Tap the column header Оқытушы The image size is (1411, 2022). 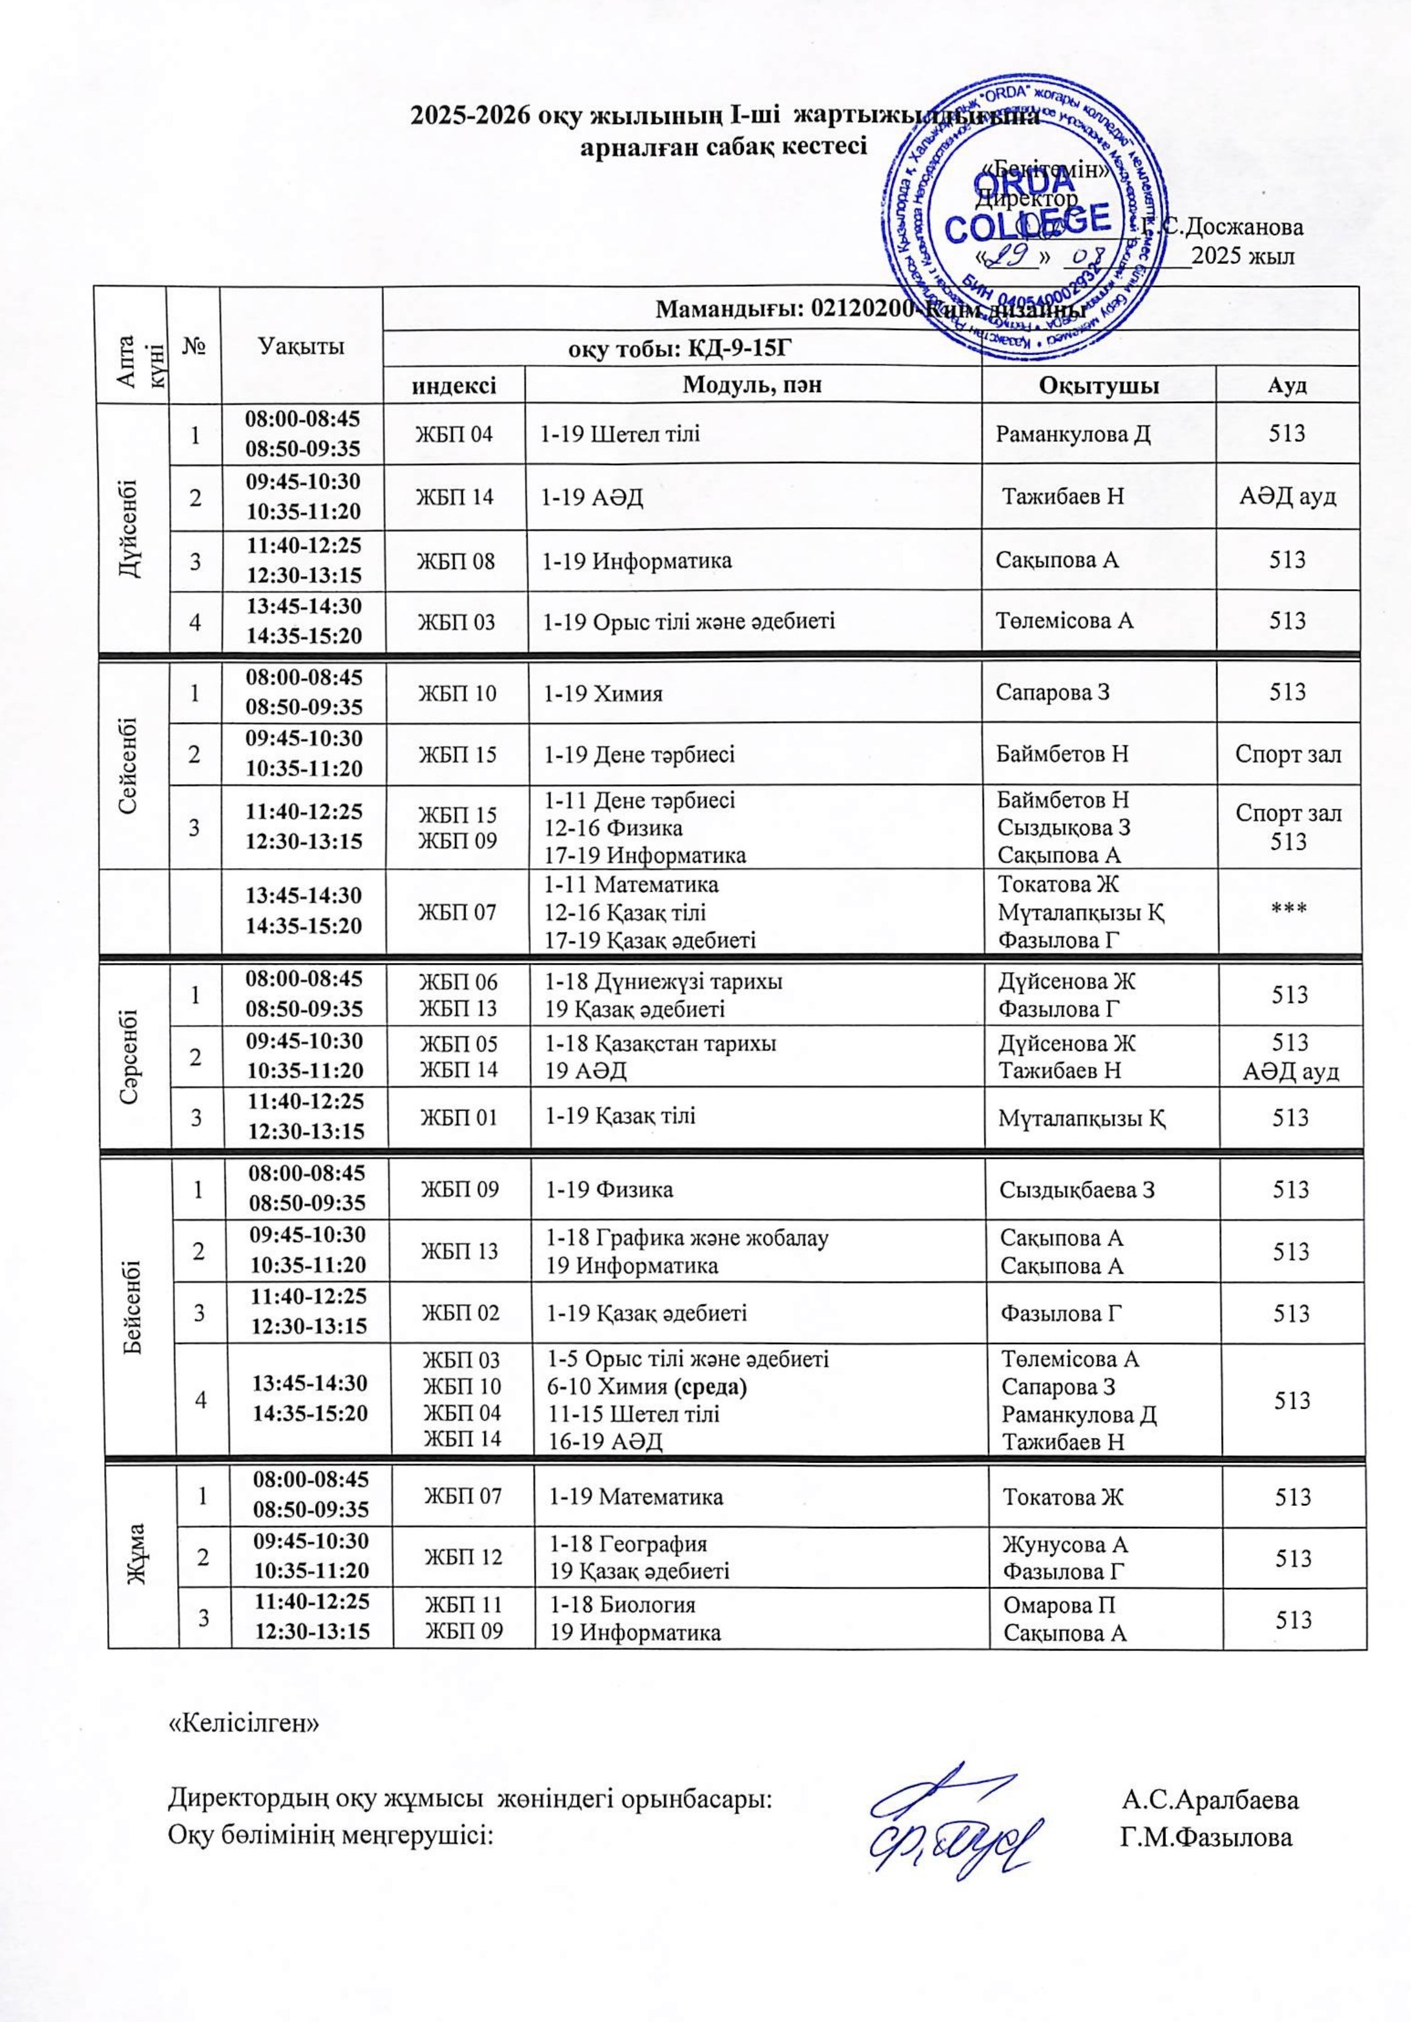[x=1098, y=385]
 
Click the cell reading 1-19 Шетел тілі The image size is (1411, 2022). [x=621, y=432]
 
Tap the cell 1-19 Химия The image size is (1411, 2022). [x=603, y=693]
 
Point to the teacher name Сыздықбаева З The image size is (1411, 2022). [x=1076, y=1190]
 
